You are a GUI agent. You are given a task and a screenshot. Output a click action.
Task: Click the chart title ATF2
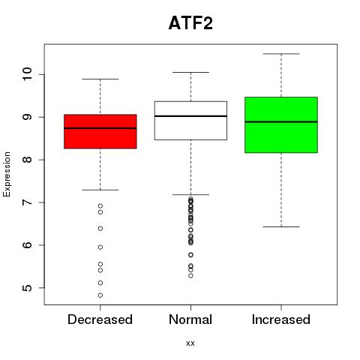coord(190,23)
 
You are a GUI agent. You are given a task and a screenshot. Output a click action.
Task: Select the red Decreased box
coord(100,131)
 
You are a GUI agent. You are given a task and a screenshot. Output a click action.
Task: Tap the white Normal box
coord(190,121)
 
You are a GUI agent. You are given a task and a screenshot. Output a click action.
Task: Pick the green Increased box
coord(281,124)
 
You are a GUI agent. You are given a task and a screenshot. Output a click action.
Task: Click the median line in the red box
coord(100,128)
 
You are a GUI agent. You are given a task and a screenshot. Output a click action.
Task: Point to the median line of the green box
coord(281,122)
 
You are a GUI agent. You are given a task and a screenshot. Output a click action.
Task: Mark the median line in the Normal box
coord(190,116)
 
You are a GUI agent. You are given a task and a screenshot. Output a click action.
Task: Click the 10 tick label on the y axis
coord(27,74)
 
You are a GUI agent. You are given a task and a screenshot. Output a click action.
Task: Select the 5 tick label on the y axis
coord(27,288)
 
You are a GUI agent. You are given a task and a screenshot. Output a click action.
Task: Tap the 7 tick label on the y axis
coord(27,202)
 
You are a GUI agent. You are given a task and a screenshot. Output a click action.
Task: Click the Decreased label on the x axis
coord(100,319)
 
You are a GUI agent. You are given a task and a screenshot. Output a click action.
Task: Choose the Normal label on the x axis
coord(190,319)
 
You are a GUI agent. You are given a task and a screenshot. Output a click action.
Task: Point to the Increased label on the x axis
coord(281,319)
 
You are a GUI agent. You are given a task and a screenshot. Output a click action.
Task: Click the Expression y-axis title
coord(7,174)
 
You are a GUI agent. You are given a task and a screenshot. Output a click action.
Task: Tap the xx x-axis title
coord(190,343)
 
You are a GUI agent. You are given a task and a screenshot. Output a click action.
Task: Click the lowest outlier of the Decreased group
coord(100,295)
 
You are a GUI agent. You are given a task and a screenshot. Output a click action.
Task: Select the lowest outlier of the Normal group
coord(190,276)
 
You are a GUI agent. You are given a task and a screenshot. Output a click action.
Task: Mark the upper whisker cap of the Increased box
coord(281,54)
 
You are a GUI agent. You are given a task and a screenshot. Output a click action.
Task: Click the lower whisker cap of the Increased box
coord(281,226)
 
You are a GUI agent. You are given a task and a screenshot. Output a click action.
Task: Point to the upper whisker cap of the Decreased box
coord(100,79)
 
